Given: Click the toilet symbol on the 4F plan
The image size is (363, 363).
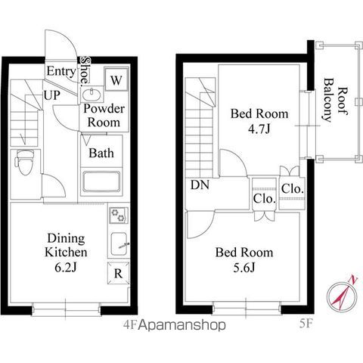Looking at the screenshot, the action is [x=24, y=162].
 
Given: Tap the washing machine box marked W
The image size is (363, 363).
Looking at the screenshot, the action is [x=116, y=79].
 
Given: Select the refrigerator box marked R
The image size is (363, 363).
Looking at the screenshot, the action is [x=118, y=273].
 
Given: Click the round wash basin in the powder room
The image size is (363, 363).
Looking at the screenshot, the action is [x=91, y=95].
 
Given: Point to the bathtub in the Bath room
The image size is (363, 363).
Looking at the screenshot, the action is [x=101, y=181].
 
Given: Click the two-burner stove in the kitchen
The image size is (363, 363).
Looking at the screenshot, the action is [x=118, y=216].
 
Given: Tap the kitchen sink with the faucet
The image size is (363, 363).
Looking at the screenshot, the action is [x=119, y=244].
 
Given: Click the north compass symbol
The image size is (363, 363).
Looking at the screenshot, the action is [x=343, y=293].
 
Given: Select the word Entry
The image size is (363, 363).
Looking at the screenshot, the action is [x=61, y=71].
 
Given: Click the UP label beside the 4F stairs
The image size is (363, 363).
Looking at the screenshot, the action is [x=52, y=95].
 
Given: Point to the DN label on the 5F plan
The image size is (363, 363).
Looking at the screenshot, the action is [x=200, y=185].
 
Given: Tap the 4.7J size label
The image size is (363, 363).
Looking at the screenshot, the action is [x=259, y=129].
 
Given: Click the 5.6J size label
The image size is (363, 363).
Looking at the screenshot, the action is [x=244, y=268].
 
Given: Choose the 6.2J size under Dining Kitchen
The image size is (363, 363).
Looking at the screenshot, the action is [x=66, y=268].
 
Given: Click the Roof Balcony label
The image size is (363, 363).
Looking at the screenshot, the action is [x=336, y=101].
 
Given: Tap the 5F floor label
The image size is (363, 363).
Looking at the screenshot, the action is [x=306, y=324].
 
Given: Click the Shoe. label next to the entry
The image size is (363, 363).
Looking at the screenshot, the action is [x=85, y=70].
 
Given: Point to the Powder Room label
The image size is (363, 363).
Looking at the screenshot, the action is [x=104, y=116].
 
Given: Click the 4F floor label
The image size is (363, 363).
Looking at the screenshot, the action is [x=130, y=325].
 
